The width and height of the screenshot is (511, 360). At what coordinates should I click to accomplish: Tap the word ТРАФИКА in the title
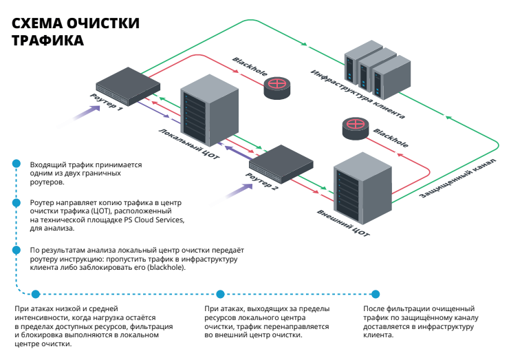point(48,41)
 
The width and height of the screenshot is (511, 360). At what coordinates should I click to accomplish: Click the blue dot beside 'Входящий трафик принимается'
point(15,163)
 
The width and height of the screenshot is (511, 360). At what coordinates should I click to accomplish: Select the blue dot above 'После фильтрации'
point(375,293)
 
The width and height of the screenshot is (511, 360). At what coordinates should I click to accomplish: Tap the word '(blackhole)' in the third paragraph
point(165,267)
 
